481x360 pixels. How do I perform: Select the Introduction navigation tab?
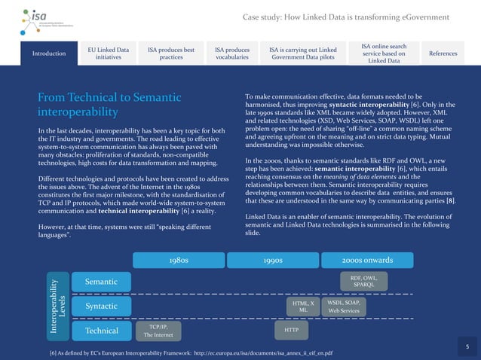tap(49, 53)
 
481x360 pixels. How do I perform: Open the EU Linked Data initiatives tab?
tap(109, 53)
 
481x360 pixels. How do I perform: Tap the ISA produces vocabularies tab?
tap(231, 53)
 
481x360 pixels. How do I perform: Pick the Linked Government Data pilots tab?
tap(302, 53)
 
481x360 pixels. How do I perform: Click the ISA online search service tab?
tap(384, 53)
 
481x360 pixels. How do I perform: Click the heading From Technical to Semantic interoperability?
tap(109, 105)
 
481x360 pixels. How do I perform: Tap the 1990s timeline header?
tap(273, 260)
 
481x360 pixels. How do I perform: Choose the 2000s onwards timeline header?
tap(367, 260)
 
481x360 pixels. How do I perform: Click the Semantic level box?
tap(101, 282)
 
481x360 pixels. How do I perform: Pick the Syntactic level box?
tap(101, 307)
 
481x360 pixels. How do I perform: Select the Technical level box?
tap(101, 331)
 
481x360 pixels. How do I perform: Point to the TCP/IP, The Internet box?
tap(158, 331)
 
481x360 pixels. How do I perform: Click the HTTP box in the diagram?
tap(292, 331)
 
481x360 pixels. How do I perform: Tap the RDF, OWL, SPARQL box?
tap(363, 281)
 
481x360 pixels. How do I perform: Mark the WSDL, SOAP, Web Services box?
tap(344, 306)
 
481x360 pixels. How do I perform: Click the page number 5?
tap(467, 346)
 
